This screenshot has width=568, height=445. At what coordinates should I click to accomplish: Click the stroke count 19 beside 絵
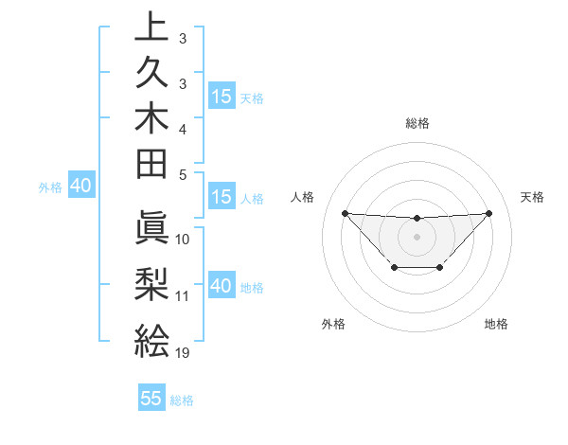183,352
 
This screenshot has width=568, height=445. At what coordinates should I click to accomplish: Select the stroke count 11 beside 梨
183,295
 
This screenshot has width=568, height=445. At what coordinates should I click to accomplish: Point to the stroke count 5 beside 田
183,174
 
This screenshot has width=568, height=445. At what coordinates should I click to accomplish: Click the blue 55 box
151,399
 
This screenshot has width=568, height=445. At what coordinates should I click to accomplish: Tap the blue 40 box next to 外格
80,187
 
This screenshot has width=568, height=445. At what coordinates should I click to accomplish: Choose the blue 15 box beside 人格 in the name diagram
222,198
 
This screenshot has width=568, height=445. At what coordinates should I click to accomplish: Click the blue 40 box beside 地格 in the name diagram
222,286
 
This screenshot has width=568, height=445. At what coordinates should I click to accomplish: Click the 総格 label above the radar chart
417,123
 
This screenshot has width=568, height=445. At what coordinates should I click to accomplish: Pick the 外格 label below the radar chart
333,324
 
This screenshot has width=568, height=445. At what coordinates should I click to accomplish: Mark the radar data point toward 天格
488,213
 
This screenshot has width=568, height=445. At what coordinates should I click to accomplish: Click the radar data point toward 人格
345,213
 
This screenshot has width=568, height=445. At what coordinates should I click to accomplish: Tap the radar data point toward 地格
440,268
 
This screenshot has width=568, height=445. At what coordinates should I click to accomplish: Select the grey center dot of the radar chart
417,236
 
